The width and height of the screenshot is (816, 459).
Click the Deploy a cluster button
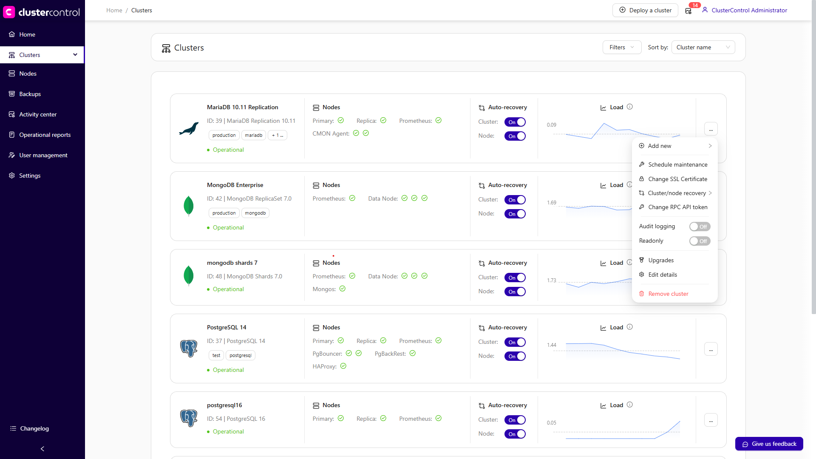click(x=645, y=10)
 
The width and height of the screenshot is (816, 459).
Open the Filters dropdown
click(x=621, y=47)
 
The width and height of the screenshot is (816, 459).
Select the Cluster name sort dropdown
click(x=703, y=47)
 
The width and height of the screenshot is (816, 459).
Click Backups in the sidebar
click(x=30, y=94)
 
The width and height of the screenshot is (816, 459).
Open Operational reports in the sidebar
click(x=45, y=135)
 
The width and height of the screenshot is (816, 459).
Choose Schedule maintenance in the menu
click(x=677, y=164)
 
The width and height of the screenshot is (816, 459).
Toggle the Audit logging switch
click(x=700, y=227)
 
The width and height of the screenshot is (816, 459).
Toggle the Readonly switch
click(x=700, y=241)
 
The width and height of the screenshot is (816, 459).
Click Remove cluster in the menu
click(x=668, y=294)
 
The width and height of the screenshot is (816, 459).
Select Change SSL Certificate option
click(x=677, y=179)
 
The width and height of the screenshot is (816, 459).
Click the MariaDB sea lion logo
click(x=189, y=128)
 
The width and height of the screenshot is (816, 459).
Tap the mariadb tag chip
click(x=254, y=135)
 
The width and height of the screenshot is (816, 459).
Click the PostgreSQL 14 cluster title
click(x=227, y=327)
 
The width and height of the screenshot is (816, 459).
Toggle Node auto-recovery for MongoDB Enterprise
click(x=515, y=214)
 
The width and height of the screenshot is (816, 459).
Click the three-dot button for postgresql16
click(x=711, y=420)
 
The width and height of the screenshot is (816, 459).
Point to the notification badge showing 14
click(x=694, y=6)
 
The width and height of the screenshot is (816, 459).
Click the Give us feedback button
click(x=769, y=444)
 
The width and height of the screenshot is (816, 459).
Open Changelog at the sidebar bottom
click(x=34, y=428)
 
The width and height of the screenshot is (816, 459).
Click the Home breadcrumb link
click(x=114, y=10)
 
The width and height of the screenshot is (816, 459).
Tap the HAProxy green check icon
click(x=343, y=366)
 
